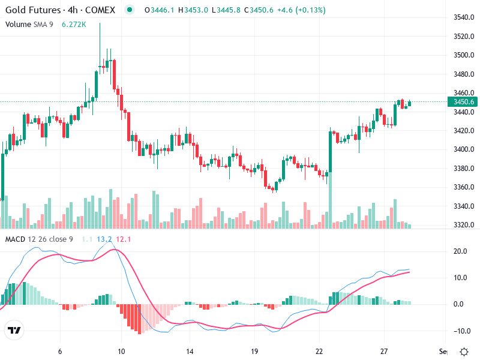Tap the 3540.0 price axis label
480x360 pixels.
click(x=464, y=18)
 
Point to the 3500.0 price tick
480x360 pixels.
click(x=464, y=55)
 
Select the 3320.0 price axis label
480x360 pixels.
click(x=464, y=225)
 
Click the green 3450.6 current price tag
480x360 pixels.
click(x=464, y=102)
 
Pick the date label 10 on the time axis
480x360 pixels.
click(x=122, y=352)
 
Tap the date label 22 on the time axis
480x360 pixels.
click(x=319, y=352)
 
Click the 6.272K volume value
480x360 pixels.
click(x=74, y=25)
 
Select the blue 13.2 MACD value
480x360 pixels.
click(x=104, y=239)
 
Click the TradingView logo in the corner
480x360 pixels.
click(x=14, y=331)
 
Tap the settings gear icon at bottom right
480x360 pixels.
click(x=464, y=352)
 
